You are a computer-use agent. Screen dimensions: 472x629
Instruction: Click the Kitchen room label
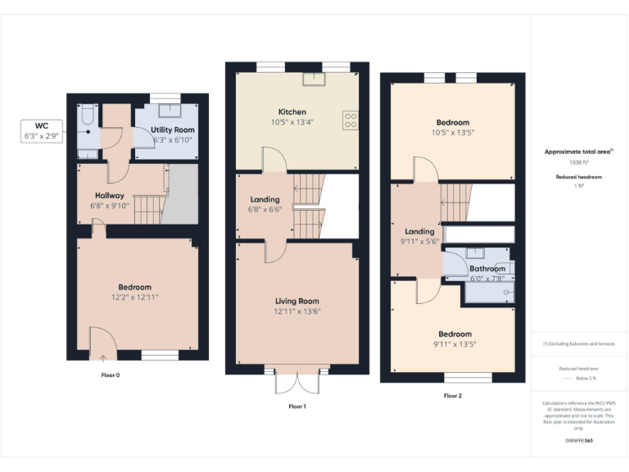tap(292, 112)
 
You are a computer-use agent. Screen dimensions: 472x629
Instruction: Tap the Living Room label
tap(296, 302)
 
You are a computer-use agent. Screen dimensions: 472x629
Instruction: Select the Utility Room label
tap(172, 130)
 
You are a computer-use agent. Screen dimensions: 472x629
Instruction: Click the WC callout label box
tap(42, 131)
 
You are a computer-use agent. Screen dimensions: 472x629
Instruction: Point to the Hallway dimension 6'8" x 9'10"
tap(109, 206)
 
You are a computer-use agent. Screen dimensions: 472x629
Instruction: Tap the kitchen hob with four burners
tap(350, 120)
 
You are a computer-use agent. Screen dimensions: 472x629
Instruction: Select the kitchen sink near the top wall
tap(313, 79)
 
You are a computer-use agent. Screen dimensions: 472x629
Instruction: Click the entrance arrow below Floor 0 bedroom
tap(102, 356)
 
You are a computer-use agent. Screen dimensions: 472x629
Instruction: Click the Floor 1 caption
tap(296, 406)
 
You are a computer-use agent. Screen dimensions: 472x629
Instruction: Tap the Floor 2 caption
tap(453, 396)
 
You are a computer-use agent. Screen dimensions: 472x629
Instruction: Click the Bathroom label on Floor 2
tap(486, 269)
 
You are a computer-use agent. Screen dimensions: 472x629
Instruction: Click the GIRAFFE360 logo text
tap(580, 441)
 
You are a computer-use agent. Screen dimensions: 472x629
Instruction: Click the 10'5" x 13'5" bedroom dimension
tap(453, 132)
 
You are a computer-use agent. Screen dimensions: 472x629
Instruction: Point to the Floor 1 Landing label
tap(265, 199)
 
